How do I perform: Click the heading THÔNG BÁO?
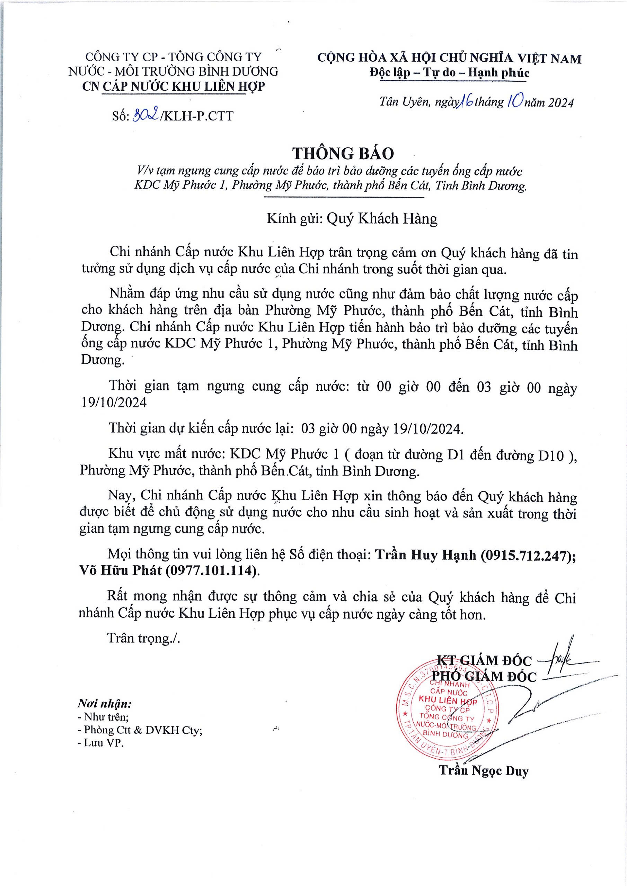pos(343,153)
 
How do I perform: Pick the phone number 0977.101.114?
pos(211,570)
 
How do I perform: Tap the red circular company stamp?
pos(449,711)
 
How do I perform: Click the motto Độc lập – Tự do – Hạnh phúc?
pos(449,73)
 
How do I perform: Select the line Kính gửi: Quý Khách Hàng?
pos(352,219)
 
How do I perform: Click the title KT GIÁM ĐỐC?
pos(484,660)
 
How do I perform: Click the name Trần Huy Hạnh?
pos(426,555)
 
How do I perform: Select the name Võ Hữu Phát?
pos(121,570)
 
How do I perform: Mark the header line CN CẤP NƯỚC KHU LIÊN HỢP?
pos(174,87)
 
